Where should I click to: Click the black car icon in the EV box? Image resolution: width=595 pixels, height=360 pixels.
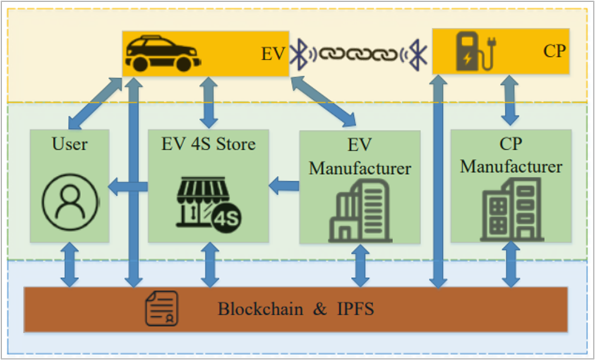click(x=162, y=53)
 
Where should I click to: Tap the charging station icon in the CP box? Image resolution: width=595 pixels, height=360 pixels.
click(x=475, y=53)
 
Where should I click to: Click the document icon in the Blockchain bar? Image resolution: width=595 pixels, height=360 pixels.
click(x=161, y=308)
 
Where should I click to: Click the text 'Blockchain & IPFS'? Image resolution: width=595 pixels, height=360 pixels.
click(x=296, y=309)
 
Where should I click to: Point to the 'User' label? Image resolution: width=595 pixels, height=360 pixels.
click(x=70, y=144)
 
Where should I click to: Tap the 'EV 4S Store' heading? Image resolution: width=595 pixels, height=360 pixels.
click(x=208, y=144)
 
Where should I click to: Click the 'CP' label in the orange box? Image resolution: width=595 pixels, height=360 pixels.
click(x=554, y=51)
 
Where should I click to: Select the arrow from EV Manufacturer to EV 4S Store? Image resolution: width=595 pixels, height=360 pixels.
click(x=284, y=185)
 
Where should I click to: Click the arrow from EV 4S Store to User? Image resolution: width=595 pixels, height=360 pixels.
click(x=127, y=188)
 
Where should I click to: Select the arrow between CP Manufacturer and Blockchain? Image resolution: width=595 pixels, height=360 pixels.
click(x=510, y=264)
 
